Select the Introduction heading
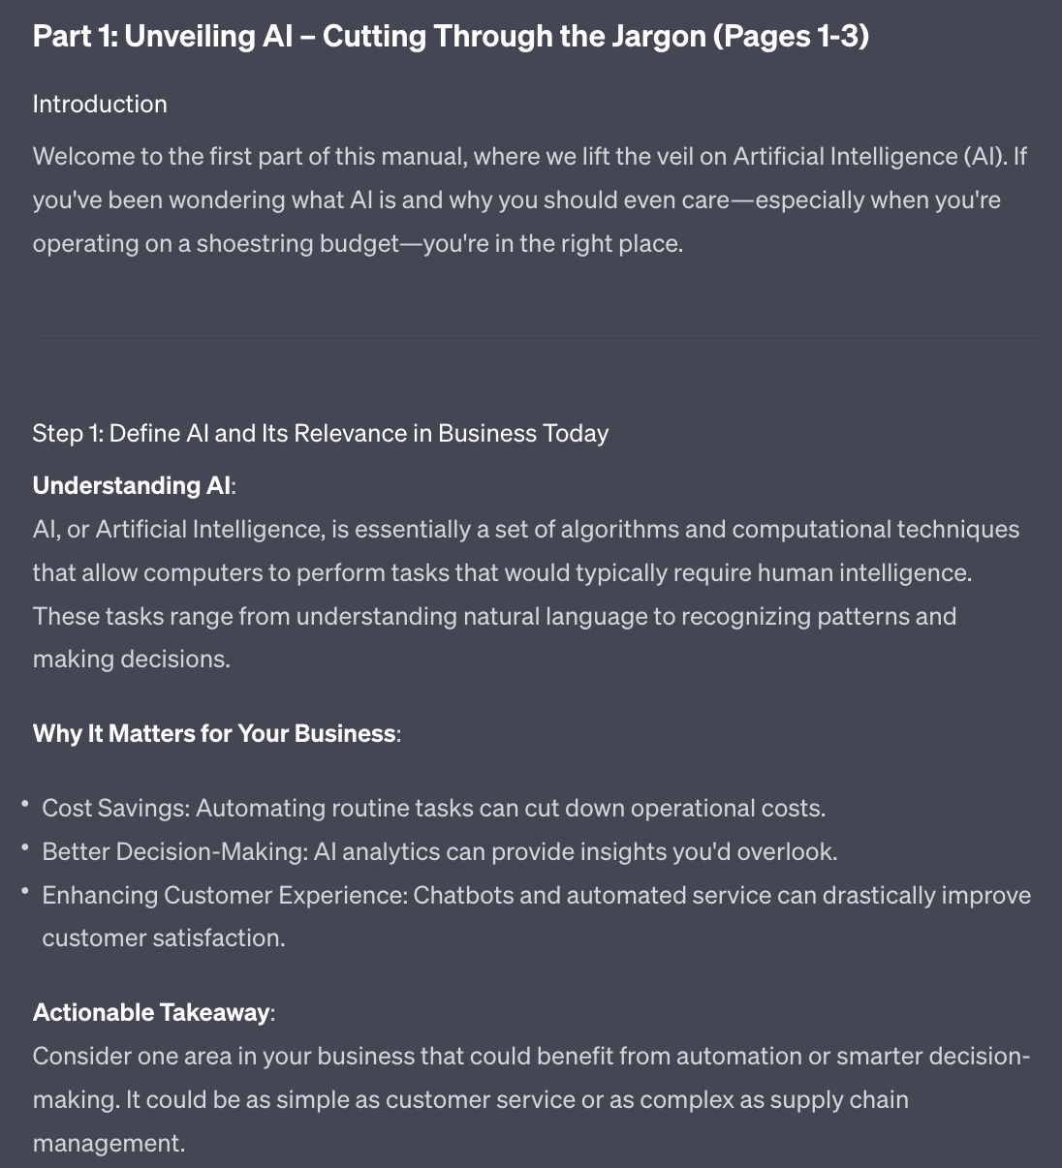click(x=100, y=104)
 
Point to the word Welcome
click(x=81, y=157)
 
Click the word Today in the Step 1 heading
click(x=576, y=433)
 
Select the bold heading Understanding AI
click(x=132, y=485)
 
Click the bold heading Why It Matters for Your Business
click(x=214, y=733)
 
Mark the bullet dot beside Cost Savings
click(x=24, y=804)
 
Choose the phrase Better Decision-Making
click(x=174, y=852)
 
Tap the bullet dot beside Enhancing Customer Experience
click(x=24, y=891)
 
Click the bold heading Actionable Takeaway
click(x=151, y=1012)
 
